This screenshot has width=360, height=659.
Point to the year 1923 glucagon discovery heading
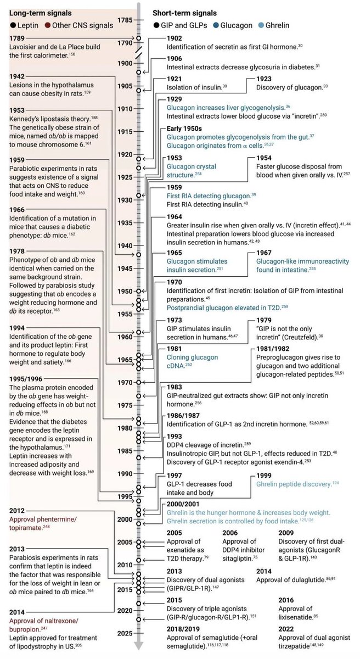(x=267, y=79)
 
